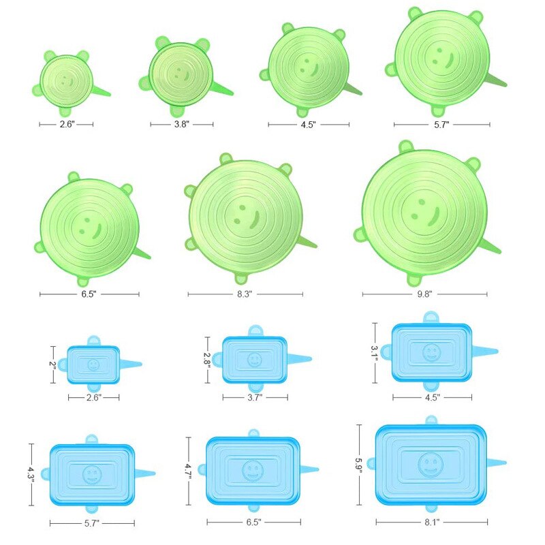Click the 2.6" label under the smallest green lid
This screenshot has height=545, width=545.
pyautogui.click(x=67, y=124)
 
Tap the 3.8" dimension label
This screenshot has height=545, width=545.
pyautogui.click(x=182, y=124)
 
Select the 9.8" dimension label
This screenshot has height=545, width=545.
pyautogui.click(x=424, y=294)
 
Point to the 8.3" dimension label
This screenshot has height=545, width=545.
pyautogui.click(x=245, y=294)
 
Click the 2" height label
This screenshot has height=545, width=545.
pyautogui.click(x=52, y=364)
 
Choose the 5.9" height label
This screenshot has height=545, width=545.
pyautogui.click(x=359, y=465)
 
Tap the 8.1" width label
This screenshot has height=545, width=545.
pyautogui.click(x=432, y=522)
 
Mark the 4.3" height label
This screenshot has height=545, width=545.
pyautogui.click(x=31, y=474)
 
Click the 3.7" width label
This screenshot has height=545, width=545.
pyautogui.click(x=255, y=397)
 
